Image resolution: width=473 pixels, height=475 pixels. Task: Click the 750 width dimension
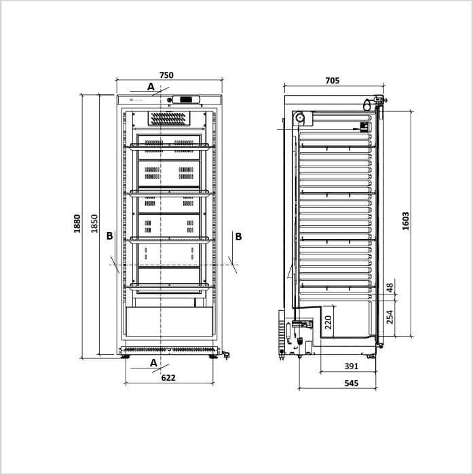point(166,75)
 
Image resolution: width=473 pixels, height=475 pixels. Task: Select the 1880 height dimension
point(77,223)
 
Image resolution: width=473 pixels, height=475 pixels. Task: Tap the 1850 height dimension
point(94,223)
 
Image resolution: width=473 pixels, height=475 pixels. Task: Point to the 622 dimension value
point(168,377)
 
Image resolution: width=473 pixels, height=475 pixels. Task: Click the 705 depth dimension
point(333,81)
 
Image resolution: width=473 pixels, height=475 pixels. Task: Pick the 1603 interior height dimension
point(405,221)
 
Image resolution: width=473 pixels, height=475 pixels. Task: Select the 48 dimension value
point(390,288)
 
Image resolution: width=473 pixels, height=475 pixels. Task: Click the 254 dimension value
point(390,317)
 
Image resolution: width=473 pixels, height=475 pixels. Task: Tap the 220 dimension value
point(328,322)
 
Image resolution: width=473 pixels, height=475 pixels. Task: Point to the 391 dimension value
point(352,366)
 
